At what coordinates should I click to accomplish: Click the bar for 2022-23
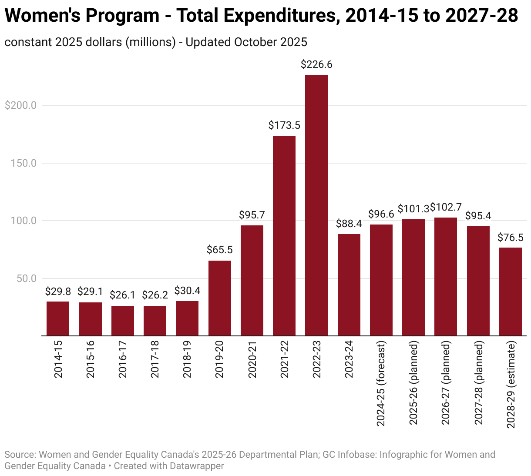(x=316, y=205)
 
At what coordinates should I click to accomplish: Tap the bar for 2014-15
(x=58, y=318)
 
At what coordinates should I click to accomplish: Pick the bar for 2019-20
(x=220, y=298)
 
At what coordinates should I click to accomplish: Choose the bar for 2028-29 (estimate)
(x=511, y=292)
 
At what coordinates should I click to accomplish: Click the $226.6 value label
(x=316, y=65)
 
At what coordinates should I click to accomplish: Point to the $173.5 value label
(x=284, y=126)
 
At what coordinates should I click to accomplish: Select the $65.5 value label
(x=220, y=250)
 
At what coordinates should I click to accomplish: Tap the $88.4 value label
(x=349, y=224)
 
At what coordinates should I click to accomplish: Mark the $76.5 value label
(x=511, y=238)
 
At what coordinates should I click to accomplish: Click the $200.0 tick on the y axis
(x=20, y=105)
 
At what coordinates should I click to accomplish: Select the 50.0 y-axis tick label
(x=27, y=278)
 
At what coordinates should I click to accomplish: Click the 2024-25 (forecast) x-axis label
(x=381, y=384)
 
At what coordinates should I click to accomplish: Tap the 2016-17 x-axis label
(x=123, y=359)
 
